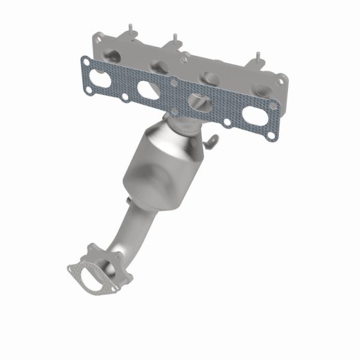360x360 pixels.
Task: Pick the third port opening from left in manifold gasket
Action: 199,101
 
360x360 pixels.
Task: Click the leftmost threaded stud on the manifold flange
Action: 129,29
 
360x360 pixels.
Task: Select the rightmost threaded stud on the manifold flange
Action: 256,58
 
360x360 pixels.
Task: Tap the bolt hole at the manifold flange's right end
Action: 279,79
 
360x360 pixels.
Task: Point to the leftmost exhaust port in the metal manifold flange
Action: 113,55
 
